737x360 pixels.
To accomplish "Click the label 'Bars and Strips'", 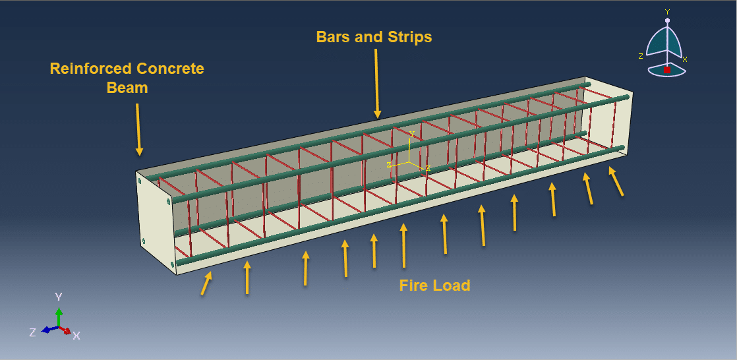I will pos(374,37).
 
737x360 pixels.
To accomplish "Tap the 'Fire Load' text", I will pos(434,285).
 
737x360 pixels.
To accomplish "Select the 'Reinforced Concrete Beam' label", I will pos(127,78).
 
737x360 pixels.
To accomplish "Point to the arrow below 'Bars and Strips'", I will pos(376,83).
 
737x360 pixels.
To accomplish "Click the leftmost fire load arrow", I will pos(206,284).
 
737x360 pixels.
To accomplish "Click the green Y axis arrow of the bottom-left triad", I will pos(59,316).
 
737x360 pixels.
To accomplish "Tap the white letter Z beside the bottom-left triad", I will pos(32,332).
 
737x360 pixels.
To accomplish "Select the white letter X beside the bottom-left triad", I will pos(76,336).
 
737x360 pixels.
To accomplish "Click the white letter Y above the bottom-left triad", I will pos(59,297).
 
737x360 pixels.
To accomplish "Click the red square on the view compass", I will pos(667,70).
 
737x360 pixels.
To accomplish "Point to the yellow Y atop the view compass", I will pos(667,12).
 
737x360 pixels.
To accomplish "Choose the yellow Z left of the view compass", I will pos(640,56).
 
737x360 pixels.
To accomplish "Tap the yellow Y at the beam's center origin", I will pos(411,134).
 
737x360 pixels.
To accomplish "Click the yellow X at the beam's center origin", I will pos(428,168).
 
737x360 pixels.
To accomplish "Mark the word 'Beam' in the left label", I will pos(127,87).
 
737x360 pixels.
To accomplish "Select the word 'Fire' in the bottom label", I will pos(413,285).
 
